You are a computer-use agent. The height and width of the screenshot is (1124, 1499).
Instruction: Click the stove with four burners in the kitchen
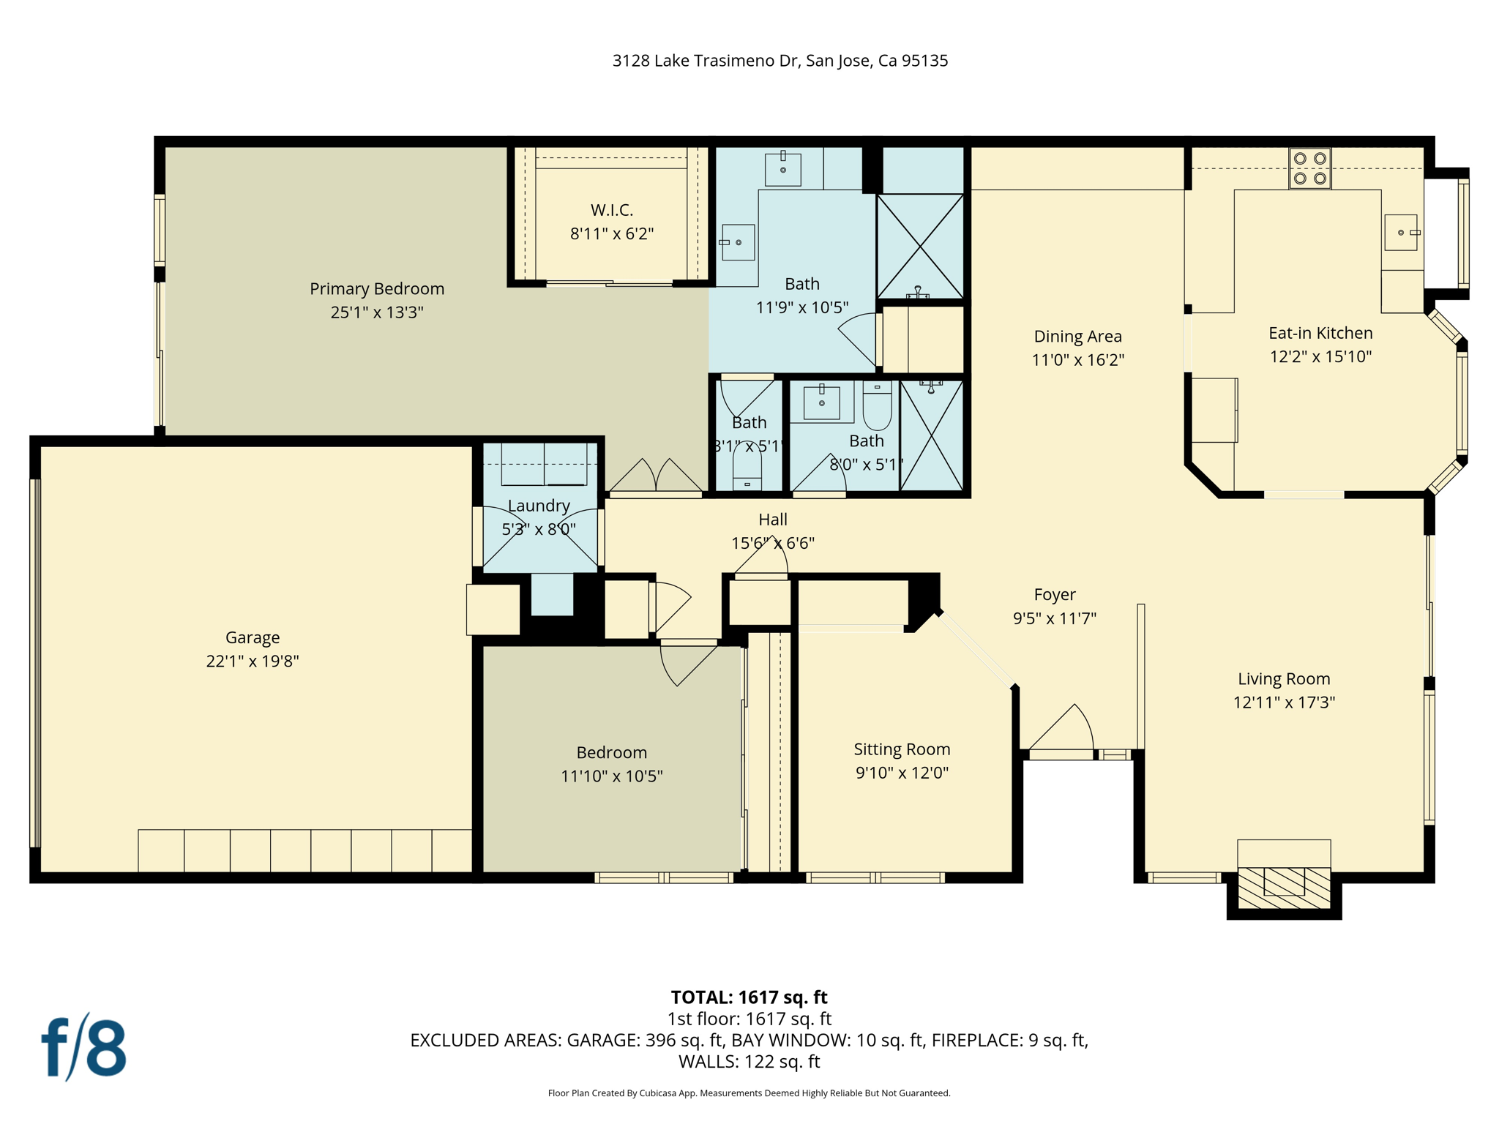(x=1309, y=168)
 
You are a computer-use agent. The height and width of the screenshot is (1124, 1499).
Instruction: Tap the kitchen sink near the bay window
(x=1400, y=233)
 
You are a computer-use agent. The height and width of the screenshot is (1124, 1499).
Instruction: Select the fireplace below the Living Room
(x=1284, y=887)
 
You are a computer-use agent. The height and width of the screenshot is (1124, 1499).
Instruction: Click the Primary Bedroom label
(x=377, y=288)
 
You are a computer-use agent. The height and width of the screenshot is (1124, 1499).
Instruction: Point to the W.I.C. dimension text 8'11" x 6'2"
(x=612, y=234)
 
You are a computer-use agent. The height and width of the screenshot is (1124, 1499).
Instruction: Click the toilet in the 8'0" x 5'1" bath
(x=877, y=407)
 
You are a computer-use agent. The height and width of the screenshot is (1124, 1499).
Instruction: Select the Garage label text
(x=253, y=637)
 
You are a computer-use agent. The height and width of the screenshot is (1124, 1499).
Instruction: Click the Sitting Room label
(x=902, y=749)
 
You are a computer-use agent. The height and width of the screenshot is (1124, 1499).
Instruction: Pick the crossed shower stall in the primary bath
(x=920, y=246)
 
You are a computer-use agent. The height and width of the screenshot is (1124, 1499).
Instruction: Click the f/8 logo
(x=83, y=1048)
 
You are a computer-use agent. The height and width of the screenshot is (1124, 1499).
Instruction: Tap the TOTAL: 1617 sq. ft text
(x=749, y=997)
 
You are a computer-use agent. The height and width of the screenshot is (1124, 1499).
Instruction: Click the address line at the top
(x=780, y=61)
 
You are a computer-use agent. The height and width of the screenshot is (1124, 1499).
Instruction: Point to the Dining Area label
(x=1077, y=337)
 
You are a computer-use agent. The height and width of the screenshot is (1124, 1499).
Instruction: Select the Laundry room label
(x=539, y=506)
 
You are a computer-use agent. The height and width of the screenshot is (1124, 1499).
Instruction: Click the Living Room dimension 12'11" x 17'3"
(x=1284, y=702)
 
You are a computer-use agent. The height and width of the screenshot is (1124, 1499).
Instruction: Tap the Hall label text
(x=773, y=520)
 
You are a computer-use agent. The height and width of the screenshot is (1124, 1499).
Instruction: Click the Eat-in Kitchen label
(x=1320, y=333)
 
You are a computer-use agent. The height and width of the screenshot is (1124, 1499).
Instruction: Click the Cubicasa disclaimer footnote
(x=749, y=1093)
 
